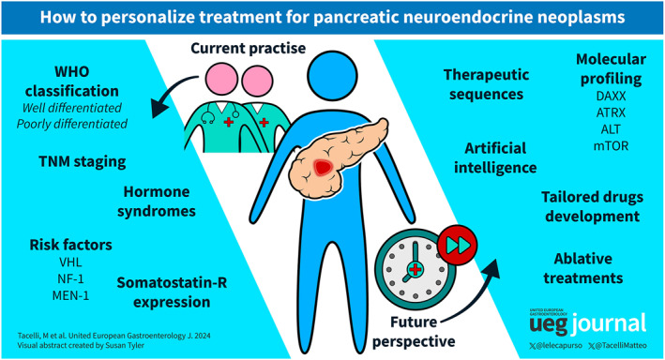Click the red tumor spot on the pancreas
(x=324, y=168)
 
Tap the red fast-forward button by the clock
(x=457, y=245)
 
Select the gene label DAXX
(x=611, y=97)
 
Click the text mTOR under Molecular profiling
(x=611, y=146)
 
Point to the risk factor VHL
(x=70, y=262)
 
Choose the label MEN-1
(x=70, y=295)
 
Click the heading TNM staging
(x=83, y=162)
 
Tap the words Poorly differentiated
(x=72, y=124)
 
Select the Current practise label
(x=249, y=49)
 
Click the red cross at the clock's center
(x=415, y=270)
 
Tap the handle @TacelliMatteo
(x=618, y=346)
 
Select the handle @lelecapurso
(x=556, y=346)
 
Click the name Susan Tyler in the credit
(x=125, y=345)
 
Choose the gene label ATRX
(x=611, y=112)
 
